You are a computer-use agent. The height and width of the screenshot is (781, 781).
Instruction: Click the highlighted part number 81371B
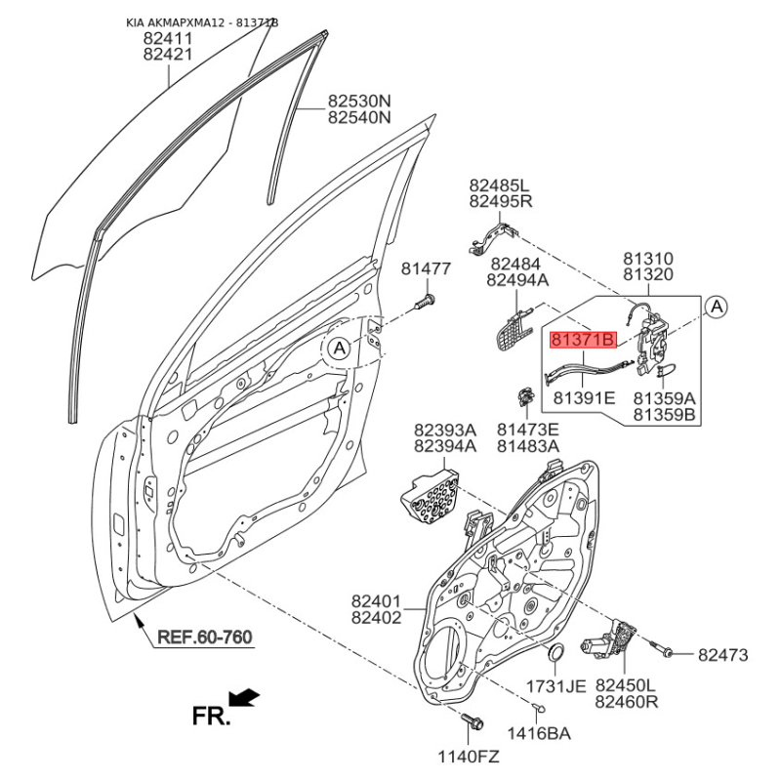point(583,340)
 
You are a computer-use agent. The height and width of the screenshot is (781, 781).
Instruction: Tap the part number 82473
point(722,654)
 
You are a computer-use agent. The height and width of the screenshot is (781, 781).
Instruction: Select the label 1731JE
point(555,686)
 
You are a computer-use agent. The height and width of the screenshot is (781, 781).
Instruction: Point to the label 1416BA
point(539,733)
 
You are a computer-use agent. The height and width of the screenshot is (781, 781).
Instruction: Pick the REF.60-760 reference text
point(204,638)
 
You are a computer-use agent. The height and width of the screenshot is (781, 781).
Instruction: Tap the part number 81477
point(427,268)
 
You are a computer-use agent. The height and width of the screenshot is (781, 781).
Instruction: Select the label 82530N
point(358,100)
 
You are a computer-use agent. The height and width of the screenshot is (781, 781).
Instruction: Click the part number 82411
point(168,38)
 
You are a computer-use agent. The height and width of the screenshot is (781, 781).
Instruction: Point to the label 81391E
point(584,398)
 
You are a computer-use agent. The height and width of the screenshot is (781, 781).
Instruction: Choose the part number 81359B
point(664,415)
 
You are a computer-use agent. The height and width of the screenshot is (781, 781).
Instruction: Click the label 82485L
point(499,185)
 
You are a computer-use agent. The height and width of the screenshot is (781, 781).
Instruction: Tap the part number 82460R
point(627,702)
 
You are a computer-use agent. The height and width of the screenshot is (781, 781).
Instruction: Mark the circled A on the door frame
point(338,348)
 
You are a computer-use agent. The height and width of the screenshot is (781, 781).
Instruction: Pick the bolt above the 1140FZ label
point(473,723)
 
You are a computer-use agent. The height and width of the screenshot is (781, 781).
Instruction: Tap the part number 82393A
point(445,429)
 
